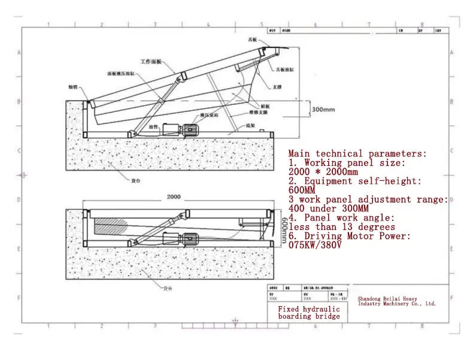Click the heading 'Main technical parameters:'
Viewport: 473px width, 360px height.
pyautogui.click(x=358, y=154)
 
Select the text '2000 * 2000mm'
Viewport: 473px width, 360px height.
pyautogui.click(x=323, y=172)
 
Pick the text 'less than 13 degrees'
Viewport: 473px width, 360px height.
pyautogui.click(x=342, y=227)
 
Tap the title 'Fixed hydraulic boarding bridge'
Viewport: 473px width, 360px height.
pyautogui.click(x=309, y=313)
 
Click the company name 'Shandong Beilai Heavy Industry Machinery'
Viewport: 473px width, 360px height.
pyautogui.click(x=396, y=301)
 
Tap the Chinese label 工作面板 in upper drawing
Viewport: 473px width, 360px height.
pyautogui.click(x=151, y=62)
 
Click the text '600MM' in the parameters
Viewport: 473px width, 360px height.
pyautogui.click(x=302, y=190)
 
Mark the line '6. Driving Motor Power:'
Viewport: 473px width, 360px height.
pyautogui.click(x=350, y=237)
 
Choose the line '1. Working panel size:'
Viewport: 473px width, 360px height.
pyautogui.click(x=347, y=163)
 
